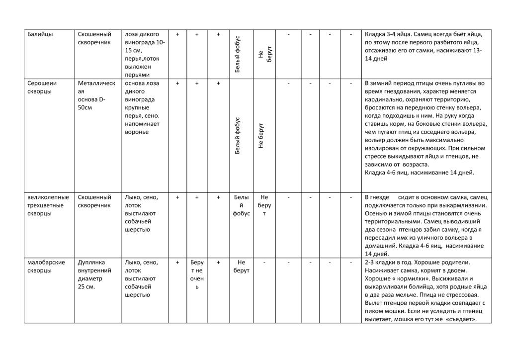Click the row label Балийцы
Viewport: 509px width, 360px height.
coord(40,34)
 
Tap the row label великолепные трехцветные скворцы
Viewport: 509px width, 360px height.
coord(48,205)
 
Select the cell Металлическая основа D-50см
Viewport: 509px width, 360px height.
coord(96,95)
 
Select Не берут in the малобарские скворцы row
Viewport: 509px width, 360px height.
coord(241,266)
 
